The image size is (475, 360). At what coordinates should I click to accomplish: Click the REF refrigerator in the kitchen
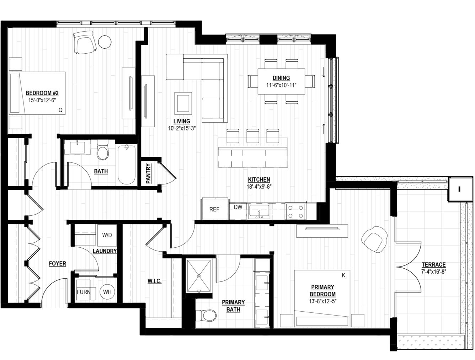pyautogui.click(x=215, y=209)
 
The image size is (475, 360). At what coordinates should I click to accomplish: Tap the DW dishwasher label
pyautogui.click(x=238, y=207)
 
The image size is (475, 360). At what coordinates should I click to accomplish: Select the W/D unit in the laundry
pyautogui.click(x=107, y=235)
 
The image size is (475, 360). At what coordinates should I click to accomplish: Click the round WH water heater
pyautogui.click(x=107, y=292)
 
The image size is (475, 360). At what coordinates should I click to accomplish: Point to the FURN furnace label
pyautogui.click(x=84, y=292)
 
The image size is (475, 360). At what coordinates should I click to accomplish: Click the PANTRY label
pyautogui.click(x=148, y=174)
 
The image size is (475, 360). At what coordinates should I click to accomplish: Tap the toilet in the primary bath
pyautogui.click(x=206, y=316)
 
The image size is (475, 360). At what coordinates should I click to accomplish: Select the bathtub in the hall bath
pyautogui.click(x=127, y=165)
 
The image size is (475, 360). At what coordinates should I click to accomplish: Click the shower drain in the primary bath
pyautogui.click(x=199, y=276)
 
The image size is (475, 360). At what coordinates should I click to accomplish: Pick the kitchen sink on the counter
pyautogui.click(x=259, y=211)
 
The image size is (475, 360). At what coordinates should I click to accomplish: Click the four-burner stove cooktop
pyautogui.click(x=295, y=211)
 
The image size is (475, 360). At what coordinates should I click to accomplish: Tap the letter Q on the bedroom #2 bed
pyautogui.click(x=60, y=110)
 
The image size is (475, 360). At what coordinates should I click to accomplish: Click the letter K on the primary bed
pyautogui.click(x=343, y=275)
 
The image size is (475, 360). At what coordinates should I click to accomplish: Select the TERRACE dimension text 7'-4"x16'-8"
pyautogui.click(x=434, y=272)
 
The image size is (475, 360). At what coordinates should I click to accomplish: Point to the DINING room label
pyautogui.click(x=281, y=78)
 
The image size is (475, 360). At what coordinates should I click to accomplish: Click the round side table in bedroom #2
pyautogui.click(x=105, y=42)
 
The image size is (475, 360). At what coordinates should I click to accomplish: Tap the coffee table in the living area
pyautogui.click(x=183, y=103)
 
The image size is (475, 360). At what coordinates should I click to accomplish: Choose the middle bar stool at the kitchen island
pyautogui.click(x=253, y=136)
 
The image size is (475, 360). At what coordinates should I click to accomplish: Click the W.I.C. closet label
pyautogui.click(x=155, y=281)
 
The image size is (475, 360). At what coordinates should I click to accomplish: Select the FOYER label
pyautogui.click(x=57, y=264)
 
